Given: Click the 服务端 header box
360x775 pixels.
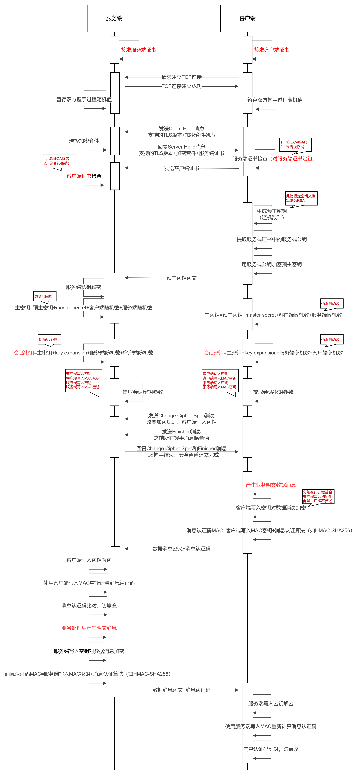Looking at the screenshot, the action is point(114,18).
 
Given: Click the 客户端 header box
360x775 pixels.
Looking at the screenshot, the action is point(247,18).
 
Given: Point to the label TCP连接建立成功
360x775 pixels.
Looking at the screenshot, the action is point(181,86).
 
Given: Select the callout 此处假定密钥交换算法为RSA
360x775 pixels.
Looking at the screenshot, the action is point(301,198).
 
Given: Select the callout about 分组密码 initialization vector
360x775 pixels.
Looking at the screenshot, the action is point(318,496).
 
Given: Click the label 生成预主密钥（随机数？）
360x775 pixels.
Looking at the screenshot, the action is point(271,214).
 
